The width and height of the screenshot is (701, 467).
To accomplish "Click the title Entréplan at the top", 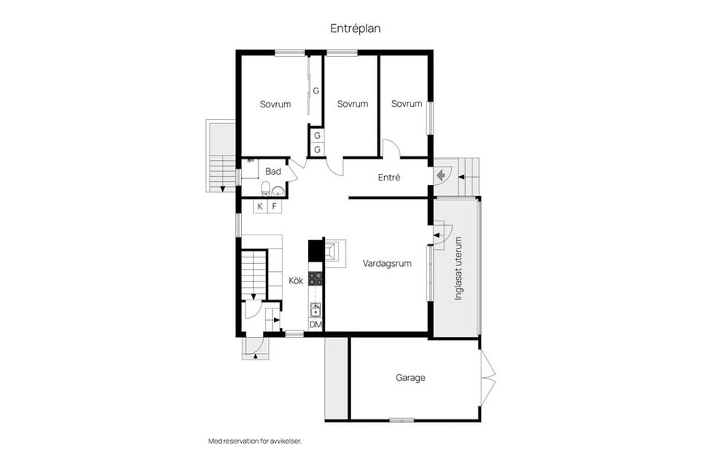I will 355,29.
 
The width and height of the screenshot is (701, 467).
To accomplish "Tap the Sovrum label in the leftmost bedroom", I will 275,105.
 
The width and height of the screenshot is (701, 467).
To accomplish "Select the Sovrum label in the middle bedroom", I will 352,105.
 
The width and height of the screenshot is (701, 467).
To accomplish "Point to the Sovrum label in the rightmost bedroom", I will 406,104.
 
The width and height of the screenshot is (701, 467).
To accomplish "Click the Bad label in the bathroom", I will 273,172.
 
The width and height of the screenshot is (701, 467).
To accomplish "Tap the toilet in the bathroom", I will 264,190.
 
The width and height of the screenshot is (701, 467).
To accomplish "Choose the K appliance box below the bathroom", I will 260,206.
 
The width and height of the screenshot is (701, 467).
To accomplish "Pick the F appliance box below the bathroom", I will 275,206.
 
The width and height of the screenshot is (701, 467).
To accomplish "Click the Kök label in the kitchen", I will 296,281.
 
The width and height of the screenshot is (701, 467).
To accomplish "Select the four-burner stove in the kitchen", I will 315,278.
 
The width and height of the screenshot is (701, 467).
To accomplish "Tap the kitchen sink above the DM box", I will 315,309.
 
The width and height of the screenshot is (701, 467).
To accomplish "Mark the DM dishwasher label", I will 315,324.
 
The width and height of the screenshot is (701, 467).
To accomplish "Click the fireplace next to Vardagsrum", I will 333,252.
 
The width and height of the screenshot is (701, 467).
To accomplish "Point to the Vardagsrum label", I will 386,264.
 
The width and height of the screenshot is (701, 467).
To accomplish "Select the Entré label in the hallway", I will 388,178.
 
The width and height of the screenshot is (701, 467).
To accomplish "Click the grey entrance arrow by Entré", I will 441,175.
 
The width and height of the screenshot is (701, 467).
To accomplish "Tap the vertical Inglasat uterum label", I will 459,270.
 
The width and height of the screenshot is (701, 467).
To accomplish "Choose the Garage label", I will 410,379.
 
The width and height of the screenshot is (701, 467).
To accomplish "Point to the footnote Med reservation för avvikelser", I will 255,441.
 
